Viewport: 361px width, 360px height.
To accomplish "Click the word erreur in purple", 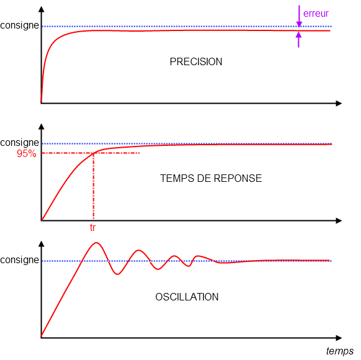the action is pyautogui.click(x=316, y=14).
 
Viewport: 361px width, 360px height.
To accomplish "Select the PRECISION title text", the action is pyautogui.click(x=196, y=61).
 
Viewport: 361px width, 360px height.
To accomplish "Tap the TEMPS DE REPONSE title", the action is pyautogui.click(x=211, y=178).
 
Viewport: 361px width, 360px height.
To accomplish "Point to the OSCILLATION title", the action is pyautogui.click(x=187, y=297).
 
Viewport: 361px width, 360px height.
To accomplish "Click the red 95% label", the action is pyautogui.click(x=27, y=153).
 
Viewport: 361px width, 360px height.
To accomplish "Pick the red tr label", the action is pyautogui.click(x=93, y=228).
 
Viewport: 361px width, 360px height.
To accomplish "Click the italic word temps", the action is pyautogui.click(x=340, y=351).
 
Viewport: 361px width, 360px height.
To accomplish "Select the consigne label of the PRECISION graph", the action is pyautogui.click(x=19, y=25).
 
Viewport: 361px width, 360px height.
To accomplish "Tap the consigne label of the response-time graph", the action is pyautogui.click(x=19, y=143).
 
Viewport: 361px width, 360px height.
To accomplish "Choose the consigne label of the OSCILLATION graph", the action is pyautogui.click(x=19, y=260).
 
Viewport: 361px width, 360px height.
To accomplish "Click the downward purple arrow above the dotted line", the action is pyautogui.click(x=299, y=16).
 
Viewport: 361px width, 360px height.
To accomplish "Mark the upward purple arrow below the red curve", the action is pyautogui.click(x=299, y=40).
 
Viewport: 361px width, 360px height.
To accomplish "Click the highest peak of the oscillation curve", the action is pyautogui.click(x=96, y=243).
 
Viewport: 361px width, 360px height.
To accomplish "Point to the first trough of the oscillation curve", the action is pyautogui.click(x=117, y=274).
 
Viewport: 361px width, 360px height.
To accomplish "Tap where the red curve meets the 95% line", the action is pyautogui.click(x=94, y=153).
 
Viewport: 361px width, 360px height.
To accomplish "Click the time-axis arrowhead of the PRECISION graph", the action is pyautogui.click(x=339, y=103).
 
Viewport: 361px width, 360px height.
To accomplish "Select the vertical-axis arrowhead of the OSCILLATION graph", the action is pyautogui.click(x=42, y=244).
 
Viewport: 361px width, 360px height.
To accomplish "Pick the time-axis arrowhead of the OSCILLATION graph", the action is pyautogui.click(x=339, y=338).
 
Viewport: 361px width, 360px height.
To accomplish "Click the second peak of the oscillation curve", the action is pyautogui.click(x=139, y=250).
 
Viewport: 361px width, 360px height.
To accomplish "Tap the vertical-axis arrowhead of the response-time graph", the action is pyautogui.click(x=42, y=127).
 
